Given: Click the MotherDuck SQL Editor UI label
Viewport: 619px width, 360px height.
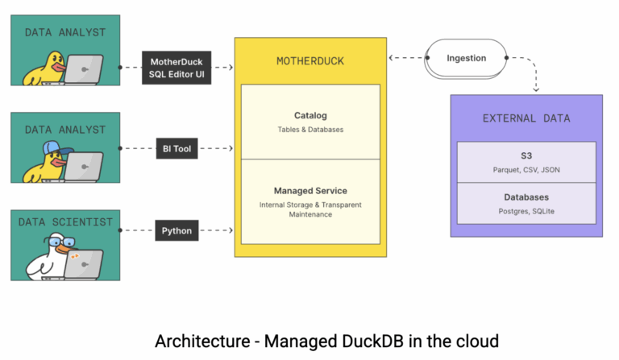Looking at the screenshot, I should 176,67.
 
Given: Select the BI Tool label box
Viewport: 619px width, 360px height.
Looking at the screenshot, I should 176,149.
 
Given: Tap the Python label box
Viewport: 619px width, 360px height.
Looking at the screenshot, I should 176,231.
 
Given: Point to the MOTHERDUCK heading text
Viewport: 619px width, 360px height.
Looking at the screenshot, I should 307,61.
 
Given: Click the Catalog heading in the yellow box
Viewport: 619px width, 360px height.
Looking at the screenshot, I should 310,115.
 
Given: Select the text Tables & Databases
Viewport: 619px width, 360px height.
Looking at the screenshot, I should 310,130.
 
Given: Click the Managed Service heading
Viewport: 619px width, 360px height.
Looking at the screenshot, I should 310,191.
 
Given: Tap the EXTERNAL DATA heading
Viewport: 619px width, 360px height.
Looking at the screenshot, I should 526,118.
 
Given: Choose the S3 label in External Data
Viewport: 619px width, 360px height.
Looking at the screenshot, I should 526,155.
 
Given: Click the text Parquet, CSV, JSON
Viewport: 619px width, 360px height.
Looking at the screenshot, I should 526,170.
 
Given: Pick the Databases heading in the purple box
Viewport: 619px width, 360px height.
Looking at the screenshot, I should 526,197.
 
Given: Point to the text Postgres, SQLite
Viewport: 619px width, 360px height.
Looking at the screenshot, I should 526,211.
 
